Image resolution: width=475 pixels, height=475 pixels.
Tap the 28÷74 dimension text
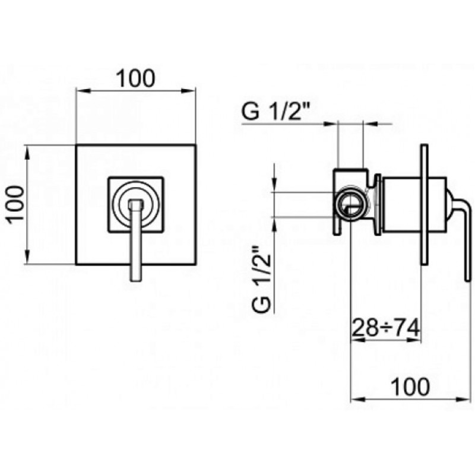click(x=386, y=327)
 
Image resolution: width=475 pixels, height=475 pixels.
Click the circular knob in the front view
click(x=136, y=204)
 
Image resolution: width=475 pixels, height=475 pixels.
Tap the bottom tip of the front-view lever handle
click(x=136, y=281)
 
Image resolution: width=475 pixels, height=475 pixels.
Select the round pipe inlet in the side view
click(x=352, y=204)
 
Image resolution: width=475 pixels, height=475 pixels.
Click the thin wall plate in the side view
click(x=425, y=205)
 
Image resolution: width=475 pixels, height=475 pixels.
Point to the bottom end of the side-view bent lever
click(x=467, y=281)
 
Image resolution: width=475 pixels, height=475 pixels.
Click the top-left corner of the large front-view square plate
click(x=76, y=145)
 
